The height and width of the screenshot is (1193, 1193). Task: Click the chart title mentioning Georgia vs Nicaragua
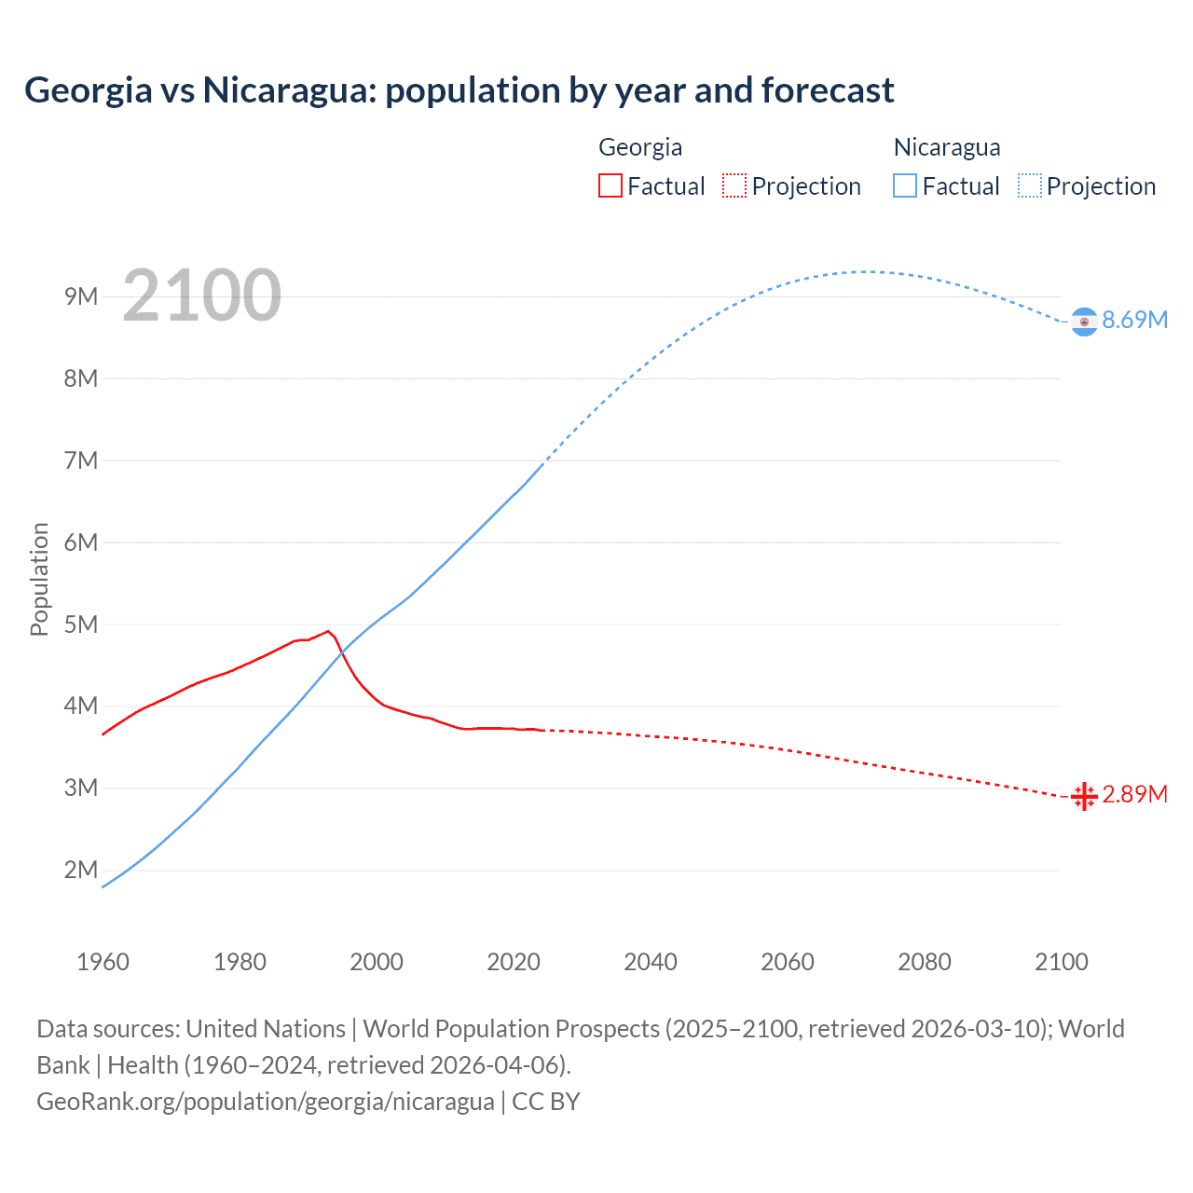(x=459, y=90)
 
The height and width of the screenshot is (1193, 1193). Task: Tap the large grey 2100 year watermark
(x=201, y=295)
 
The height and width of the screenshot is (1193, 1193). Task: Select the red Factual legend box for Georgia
(x=610, y=186)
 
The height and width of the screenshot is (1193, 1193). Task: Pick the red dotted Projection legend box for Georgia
(x=734, y=186)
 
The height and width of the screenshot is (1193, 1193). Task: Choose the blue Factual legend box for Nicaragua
(x=904, y=186)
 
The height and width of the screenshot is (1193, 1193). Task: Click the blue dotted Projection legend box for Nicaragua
(x=1029, y=186)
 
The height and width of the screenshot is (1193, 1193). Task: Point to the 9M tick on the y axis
(x=81, y=296)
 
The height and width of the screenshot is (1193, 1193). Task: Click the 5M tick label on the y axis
(x=81, y=624)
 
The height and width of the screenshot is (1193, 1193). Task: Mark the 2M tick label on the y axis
(x=81, y=871)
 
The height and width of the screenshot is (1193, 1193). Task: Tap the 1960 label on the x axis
(x=103, y=962)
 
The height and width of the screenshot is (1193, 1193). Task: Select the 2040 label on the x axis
(x=651, y=962)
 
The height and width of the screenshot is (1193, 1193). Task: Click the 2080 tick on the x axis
(x=925, y=962)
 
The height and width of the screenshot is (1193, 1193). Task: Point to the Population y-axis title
(x=39, y=579)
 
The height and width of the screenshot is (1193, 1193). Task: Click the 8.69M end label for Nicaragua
(x=1134, y=320)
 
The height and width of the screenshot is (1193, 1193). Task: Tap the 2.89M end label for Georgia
(x=1134, y=794)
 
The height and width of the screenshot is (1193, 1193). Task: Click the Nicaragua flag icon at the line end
(x=1084, y=322)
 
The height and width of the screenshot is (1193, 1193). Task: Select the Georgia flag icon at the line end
(x=1084, y=797)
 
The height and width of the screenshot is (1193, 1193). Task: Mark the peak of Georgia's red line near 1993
(x=328, y=631)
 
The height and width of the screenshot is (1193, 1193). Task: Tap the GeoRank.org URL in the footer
(x=266, y=1102)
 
